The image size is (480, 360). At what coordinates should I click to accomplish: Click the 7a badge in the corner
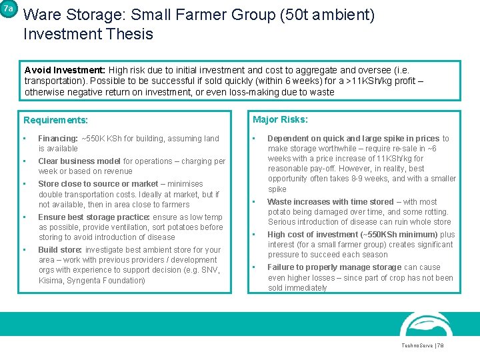[x=7, y=9]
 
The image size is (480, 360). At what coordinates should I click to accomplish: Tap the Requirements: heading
[x=55, y=121]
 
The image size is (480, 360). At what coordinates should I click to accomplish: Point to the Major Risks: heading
[x=280, y=120]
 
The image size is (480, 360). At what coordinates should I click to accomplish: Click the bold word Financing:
[x=58, y=139]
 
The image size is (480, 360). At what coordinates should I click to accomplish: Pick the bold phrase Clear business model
[x=79, y=161]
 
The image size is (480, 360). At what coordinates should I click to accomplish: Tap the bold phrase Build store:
[x=61, y=250]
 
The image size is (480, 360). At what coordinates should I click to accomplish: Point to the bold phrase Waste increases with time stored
[x=331, y=201]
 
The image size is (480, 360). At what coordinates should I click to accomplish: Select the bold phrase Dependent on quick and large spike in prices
[x=353, y=139]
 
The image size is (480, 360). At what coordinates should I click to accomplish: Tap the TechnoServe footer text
[x=416, y=346]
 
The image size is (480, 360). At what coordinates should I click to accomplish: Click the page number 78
[x=441, y=346]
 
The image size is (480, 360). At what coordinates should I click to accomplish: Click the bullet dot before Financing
[x=25, y=139]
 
